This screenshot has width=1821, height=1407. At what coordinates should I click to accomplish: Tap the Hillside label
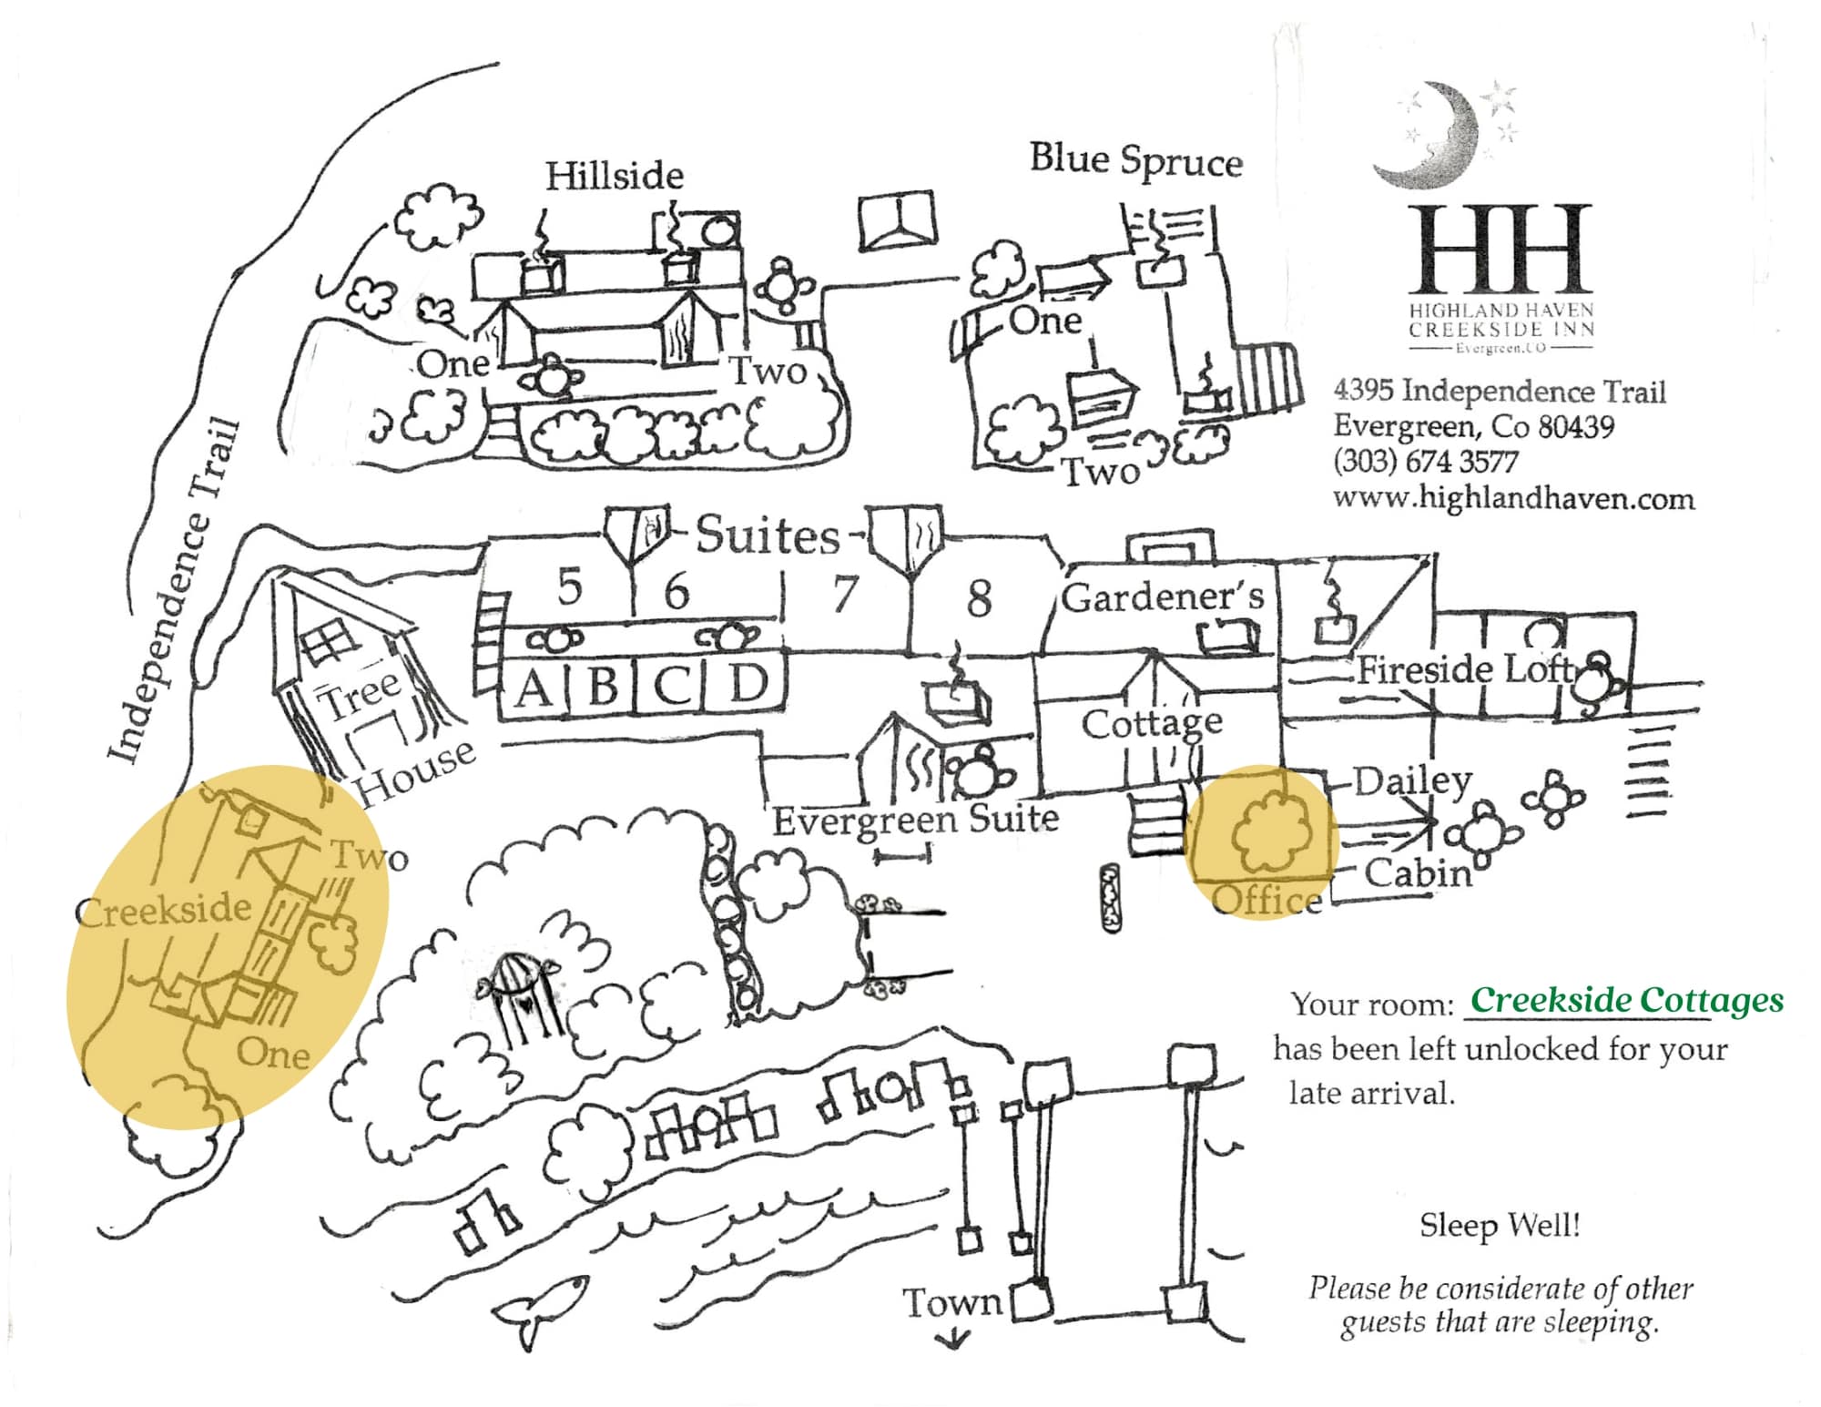(615, 176)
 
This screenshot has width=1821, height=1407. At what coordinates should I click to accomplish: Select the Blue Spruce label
(1136, 160)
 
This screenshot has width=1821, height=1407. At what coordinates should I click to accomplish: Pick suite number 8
(979, 598)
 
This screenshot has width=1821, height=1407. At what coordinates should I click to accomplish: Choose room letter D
(748, 682)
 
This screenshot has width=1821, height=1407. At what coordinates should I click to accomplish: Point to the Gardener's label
(1163, 596)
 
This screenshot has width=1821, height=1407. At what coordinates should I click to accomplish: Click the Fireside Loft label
(1465, 669)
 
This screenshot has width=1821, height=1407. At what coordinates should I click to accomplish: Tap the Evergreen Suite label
(916, 819)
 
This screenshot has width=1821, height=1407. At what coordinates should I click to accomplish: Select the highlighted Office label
(1267, 900)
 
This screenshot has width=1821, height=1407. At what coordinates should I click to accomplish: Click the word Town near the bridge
(951, 1302)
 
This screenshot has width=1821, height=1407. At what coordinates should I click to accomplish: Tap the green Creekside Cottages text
(1626, 1000)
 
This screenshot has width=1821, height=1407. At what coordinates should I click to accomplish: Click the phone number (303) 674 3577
(1425, 462)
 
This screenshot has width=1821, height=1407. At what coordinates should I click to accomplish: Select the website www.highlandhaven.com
(1513, 498)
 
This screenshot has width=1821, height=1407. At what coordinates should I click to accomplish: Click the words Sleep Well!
(1499, 1225)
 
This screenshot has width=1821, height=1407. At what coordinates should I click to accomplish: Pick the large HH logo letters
(1501, 248)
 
